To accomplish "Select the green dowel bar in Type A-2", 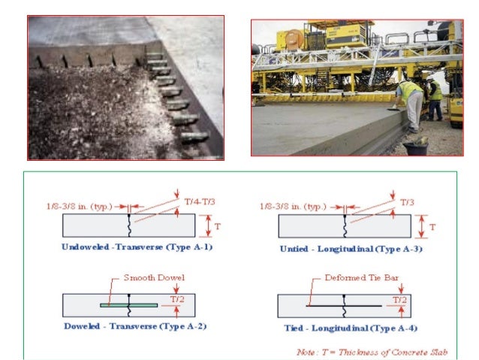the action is pyautogui.click(x=128, y=305).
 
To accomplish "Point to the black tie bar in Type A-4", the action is pyautogui.click(x=344, y=306).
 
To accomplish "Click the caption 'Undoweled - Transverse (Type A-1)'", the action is pyautogui.click(x=128, y=247).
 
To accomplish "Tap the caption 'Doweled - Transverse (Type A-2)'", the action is pyautogui.click(x=128, y=328).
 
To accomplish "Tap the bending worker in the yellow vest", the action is pyautogui.click(x=409, y=105).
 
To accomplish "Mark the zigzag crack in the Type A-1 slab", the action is pyautogui.click(x=129, y=225).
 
